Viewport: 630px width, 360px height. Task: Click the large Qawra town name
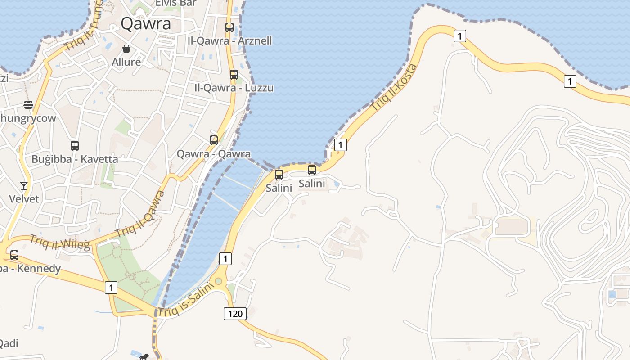[x=146, y=24]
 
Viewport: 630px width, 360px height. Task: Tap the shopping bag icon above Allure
[x=126, y=49]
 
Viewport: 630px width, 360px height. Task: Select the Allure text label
[x=126, y=62]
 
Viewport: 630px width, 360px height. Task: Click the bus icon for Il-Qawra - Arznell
[x=229, y=27]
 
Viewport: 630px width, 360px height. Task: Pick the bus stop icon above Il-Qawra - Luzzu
[x=234, y=75]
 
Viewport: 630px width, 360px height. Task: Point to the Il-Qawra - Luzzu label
[x=234, y=88]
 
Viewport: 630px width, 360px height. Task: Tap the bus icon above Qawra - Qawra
[x=214, y=140]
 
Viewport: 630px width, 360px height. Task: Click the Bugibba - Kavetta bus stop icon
[x=75, y=146]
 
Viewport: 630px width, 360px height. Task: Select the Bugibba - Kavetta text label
[x=75, y=159]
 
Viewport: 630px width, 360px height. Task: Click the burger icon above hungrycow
[x=28, y=105]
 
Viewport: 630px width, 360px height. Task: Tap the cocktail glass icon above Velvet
[x=24, y=185]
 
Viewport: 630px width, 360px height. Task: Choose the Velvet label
[x=24, y=198]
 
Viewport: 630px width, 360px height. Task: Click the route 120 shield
[x=235, y=313]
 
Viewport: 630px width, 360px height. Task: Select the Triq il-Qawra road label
[x=140, y=214]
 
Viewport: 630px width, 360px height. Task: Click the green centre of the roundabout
[x=218, y=281]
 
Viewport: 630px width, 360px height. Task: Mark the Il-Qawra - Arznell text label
[x=229, y=40]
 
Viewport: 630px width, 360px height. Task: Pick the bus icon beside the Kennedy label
[x=14, y=255]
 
